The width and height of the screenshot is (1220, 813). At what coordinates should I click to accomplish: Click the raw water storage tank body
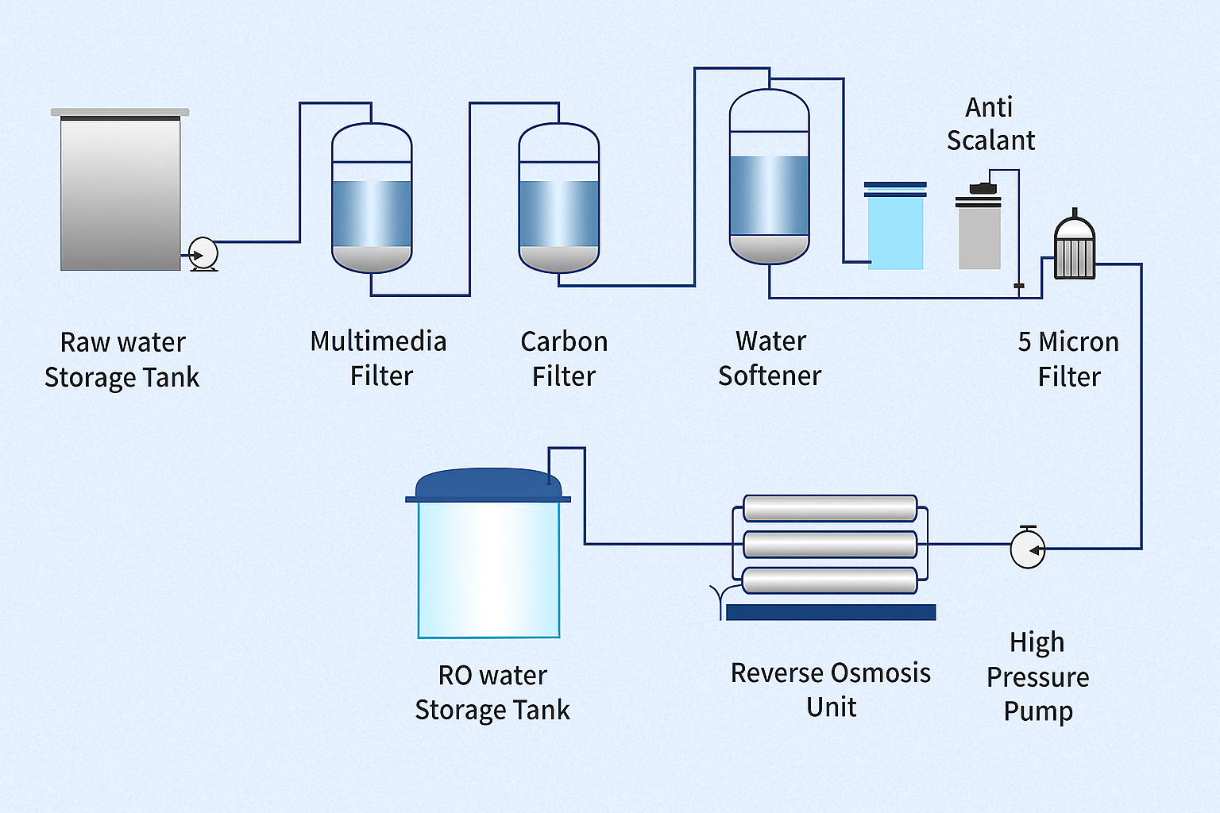121,195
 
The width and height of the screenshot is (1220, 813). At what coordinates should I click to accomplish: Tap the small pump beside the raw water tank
203,254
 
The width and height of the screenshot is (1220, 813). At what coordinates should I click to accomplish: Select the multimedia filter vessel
372,198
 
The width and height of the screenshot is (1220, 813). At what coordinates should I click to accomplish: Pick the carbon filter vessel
558,198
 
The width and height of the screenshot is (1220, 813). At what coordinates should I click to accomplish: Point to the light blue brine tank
895,230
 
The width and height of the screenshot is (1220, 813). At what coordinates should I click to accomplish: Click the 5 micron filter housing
1075,250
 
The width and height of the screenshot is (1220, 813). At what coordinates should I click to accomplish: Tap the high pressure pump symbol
1028,549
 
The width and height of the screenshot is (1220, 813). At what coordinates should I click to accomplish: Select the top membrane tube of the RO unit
830,509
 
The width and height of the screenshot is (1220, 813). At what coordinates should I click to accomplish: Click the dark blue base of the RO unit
831,612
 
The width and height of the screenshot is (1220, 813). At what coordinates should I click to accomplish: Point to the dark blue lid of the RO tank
488,485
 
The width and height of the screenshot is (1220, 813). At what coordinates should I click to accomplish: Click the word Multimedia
378,341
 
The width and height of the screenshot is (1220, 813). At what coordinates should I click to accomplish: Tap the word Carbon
564,341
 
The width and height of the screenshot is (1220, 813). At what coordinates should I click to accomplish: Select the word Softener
770,376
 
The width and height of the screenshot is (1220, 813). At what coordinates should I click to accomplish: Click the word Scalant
990,141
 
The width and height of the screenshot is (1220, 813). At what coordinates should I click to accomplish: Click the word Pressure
1037,677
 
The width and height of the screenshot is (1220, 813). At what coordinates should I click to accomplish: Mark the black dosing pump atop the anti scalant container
983,188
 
